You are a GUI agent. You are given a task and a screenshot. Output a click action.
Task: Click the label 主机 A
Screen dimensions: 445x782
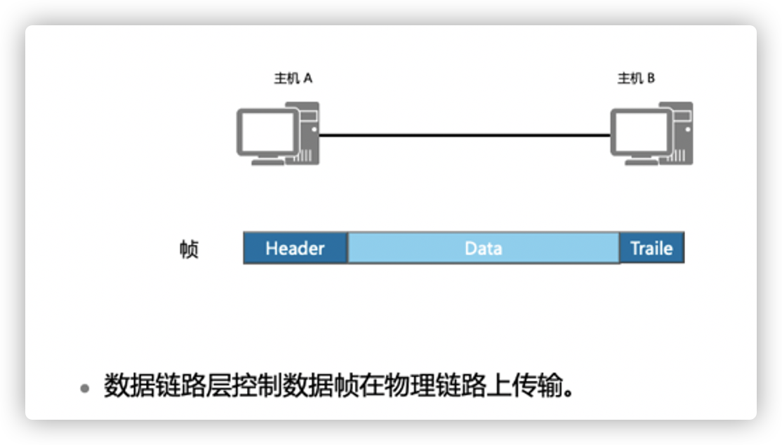[293, 79]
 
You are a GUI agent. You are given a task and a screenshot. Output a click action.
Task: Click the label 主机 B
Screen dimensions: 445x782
[636, 79]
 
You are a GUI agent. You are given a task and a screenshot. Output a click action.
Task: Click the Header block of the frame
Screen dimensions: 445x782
[295, 248]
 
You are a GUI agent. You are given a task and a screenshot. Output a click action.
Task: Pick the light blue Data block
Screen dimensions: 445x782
[483, 248]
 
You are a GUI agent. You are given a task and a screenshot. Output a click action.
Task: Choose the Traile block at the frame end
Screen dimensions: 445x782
[651, 248]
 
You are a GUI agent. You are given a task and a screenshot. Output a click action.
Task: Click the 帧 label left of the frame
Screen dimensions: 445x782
[189, 249]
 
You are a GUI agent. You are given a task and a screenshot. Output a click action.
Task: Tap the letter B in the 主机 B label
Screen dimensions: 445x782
[651, 79]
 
